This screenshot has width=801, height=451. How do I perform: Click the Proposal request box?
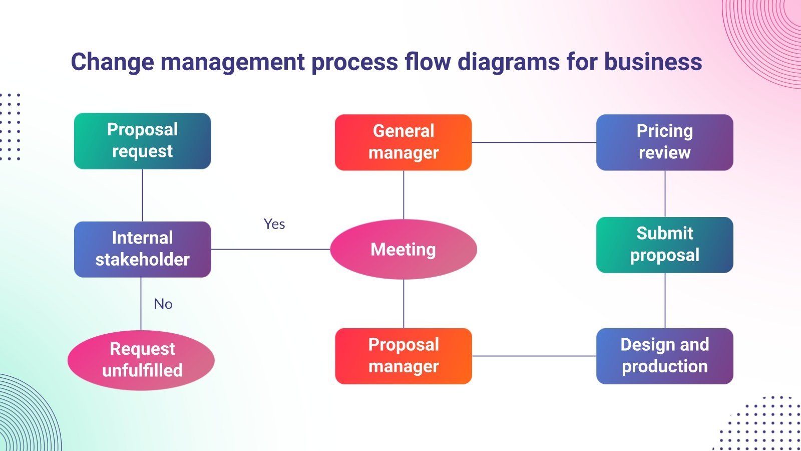point(142,141)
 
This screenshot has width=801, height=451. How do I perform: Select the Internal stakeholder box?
point(142,249)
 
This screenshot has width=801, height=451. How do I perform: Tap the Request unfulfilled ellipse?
point(141,360)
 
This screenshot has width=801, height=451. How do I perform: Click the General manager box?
point(403,142)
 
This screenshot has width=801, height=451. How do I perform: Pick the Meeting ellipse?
point(403,249)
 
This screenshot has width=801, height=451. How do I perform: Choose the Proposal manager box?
point(403,356)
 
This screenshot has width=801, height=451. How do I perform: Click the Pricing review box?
point(664,142)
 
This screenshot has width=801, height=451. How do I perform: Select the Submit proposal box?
point(664,245)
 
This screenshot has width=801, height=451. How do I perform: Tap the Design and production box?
point(664,356)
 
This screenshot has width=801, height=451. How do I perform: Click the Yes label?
point(274,224)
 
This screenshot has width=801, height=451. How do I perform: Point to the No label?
point(163,304)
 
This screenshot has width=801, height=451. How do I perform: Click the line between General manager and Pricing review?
point(534,142)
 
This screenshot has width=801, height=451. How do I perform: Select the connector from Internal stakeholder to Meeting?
point(270,249)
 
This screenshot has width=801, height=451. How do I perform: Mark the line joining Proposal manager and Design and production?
point(534,356)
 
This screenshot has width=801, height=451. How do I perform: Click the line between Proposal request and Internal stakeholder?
point(143,195)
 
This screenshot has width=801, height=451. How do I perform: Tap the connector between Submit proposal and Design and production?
point(665,301)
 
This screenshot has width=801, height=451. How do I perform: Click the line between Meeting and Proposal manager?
point(404,304)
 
